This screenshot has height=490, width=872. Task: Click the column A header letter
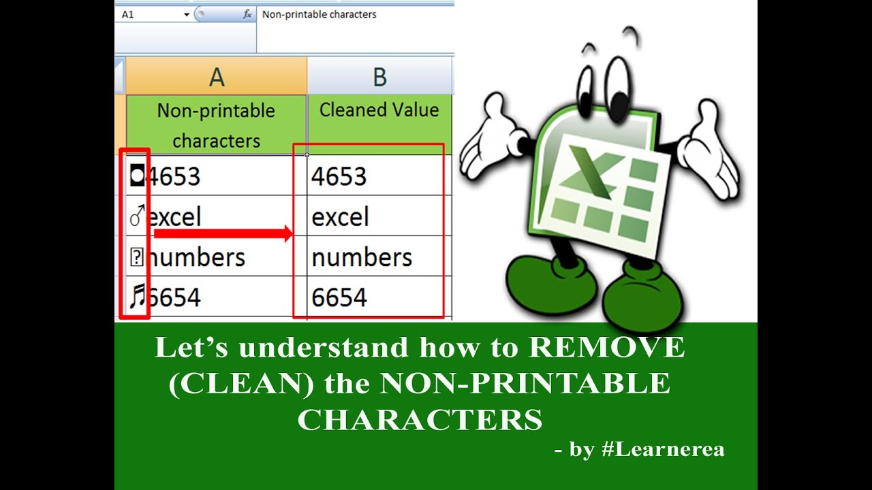[217, 77]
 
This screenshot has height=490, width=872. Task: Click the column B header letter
[379, 77]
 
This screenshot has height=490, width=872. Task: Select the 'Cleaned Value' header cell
[379, 110]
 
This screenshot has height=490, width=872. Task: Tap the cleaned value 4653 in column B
[339, 176]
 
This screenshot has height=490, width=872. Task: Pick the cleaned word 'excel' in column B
[340, 217]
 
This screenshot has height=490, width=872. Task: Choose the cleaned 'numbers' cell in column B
[362, 257]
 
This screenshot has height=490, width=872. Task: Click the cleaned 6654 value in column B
[339, 297]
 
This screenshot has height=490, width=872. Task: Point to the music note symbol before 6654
[138, 297]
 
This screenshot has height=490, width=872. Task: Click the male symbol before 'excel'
[137, 216]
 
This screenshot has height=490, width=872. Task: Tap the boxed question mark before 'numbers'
[137, 257]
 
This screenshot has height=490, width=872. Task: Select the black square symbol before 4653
[138, 176]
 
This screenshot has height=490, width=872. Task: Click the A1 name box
[150, 14]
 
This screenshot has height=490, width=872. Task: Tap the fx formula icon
[247, 14]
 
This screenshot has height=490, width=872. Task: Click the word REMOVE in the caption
[607, 348]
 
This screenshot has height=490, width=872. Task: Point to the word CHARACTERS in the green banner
[420, 420]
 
